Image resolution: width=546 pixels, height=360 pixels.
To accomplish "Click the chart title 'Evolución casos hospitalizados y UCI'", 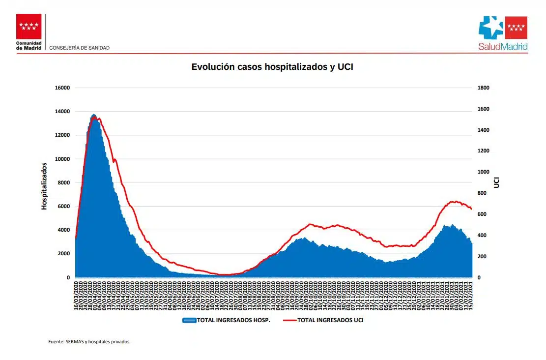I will pyautogui.click(x=272, y=67).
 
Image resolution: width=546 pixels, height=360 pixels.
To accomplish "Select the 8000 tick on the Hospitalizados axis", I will pyautogui.click(x=63, y=183).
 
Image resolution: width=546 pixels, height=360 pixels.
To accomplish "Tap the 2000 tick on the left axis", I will pyautogui.click(x=63, y=254).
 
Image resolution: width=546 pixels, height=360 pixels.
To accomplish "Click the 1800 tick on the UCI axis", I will pyautogui.click(x=483, y=88).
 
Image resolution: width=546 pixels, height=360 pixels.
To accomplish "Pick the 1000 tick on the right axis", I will pyautogui.click(x=483, y=172).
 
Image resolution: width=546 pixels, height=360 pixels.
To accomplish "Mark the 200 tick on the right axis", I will pyautogui.click(x=482, y=257).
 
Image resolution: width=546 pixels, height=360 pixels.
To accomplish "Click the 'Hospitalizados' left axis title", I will pyautogui.click(x=44, y=186).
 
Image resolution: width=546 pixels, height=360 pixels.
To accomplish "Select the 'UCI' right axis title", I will pyautogui.click(x=496, y=182).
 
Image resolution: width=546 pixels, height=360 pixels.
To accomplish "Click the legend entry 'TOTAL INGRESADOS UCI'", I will pyautogui.click(x=330, y=320).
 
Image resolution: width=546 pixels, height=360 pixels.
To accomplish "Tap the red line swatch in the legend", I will pyautogui.click(x=289, y=320).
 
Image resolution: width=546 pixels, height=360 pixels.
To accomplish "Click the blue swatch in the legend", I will pyautogui.click(x=189, y=320).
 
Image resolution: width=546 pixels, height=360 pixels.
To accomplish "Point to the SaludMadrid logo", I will pyautogui.click(x=503, y=33).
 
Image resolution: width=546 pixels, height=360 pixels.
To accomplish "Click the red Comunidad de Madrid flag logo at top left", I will pyautogui.click(x=29, y=27).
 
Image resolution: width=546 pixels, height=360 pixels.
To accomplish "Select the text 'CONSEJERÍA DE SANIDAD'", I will pyautogui.click(x=80, y=48).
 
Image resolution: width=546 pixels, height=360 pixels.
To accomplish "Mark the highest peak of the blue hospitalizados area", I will pyautogui.click(x=94, y=115).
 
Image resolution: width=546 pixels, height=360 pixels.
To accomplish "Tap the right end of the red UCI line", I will pyautogui.click(x=471, y=209).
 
